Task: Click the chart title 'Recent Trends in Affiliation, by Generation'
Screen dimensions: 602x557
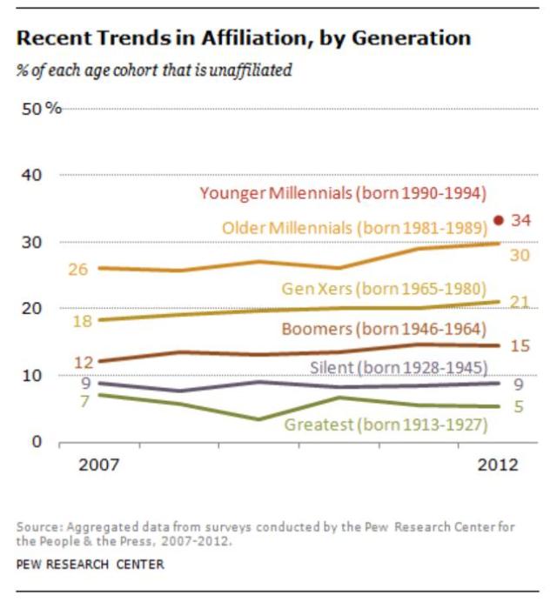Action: click(244, 38)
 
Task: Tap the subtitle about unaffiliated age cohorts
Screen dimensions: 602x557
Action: click(154, 70)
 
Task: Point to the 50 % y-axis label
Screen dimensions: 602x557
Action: click(41, 109)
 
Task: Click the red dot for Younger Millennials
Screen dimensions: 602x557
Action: click(498, 220)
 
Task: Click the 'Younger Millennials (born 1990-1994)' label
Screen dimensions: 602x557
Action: click(343, 193)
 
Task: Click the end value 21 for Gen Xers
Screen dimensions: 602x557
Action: click(520, 302)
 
